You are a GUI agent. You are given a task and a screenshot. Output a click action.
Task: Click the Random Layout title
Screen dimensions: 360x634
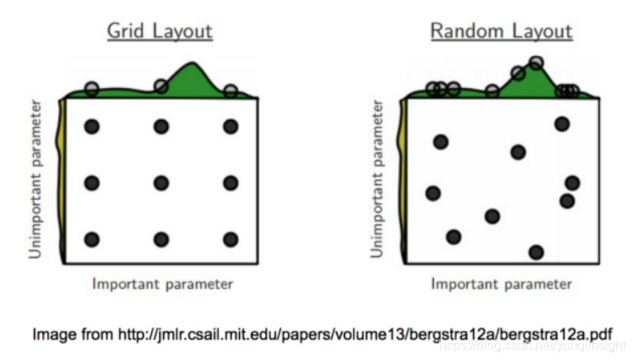501,32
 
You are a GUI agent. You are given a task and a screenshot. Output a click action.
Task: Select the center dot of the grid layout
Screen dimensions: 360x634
161,183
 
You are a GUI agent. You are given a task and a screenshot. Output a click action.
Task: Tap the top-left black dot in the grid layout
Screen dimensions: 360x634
91,127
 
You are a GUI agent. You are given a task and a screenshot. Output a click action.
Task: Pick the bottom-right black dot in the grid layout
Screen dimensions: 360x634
231,240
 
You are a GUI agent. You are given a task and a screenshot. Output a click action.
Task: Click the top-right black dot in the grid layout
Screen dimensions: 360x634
231,127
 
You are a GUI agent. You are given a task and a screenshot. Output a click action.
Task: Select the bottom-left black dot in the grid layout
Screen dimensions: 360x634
91,240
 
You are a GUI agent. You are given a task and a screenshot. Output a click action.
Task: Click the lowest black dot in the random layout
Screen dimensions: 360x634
536,253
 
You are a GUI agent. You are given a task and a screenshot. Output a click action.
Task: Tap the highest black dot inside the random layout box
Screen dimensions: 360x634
562,123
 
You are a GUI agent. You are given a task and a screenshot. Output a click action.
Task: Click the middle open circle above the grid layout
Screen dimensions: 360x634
161,86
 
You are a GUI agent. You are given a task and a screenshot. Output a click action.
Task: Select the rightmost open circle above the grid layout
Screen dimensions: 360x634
231,90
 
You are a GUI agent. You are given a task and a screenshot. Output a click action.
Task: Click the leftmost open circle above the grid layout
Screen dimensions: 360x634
91,88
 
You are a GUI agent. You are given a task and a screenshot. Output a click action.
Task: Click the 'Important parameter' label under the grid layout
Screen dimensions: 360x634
162,284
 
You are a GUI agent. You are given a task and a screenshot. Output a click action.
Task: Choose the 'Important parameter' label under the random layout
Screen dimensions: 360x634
501,284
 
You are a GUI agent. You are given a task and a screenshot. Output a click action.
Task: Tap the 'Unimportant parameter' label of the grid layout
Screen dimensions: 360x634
36,179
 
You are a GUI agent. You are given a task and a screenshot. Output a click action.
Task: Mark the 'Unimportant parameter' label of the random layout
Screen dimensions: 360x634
376,179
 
